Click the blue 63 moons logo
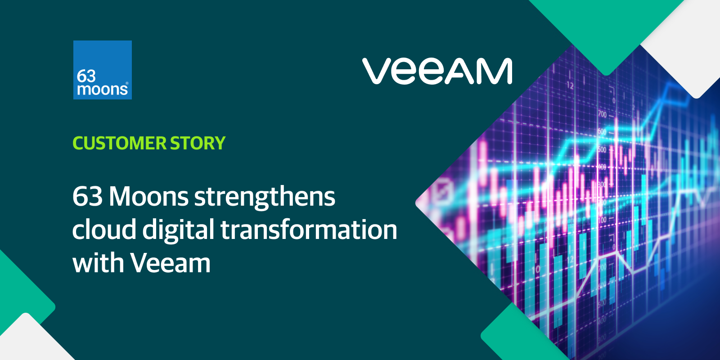coord(103,70)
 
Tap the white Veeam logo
coord(437,71)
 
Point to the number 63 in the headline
coord(87,197)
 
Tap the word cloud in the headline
coord(104,229)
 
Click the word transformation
coord(309,229)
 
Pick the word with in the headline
coord(98,263)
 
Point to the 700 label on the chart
coord(602,115)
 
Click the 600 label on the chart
coord(602,132)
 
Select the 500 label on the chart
coord(602,149)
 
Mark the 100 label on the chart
coord(602,220)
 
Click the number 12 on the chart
coord(570,85)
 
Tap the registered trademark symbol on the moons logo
coord(127,83)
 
